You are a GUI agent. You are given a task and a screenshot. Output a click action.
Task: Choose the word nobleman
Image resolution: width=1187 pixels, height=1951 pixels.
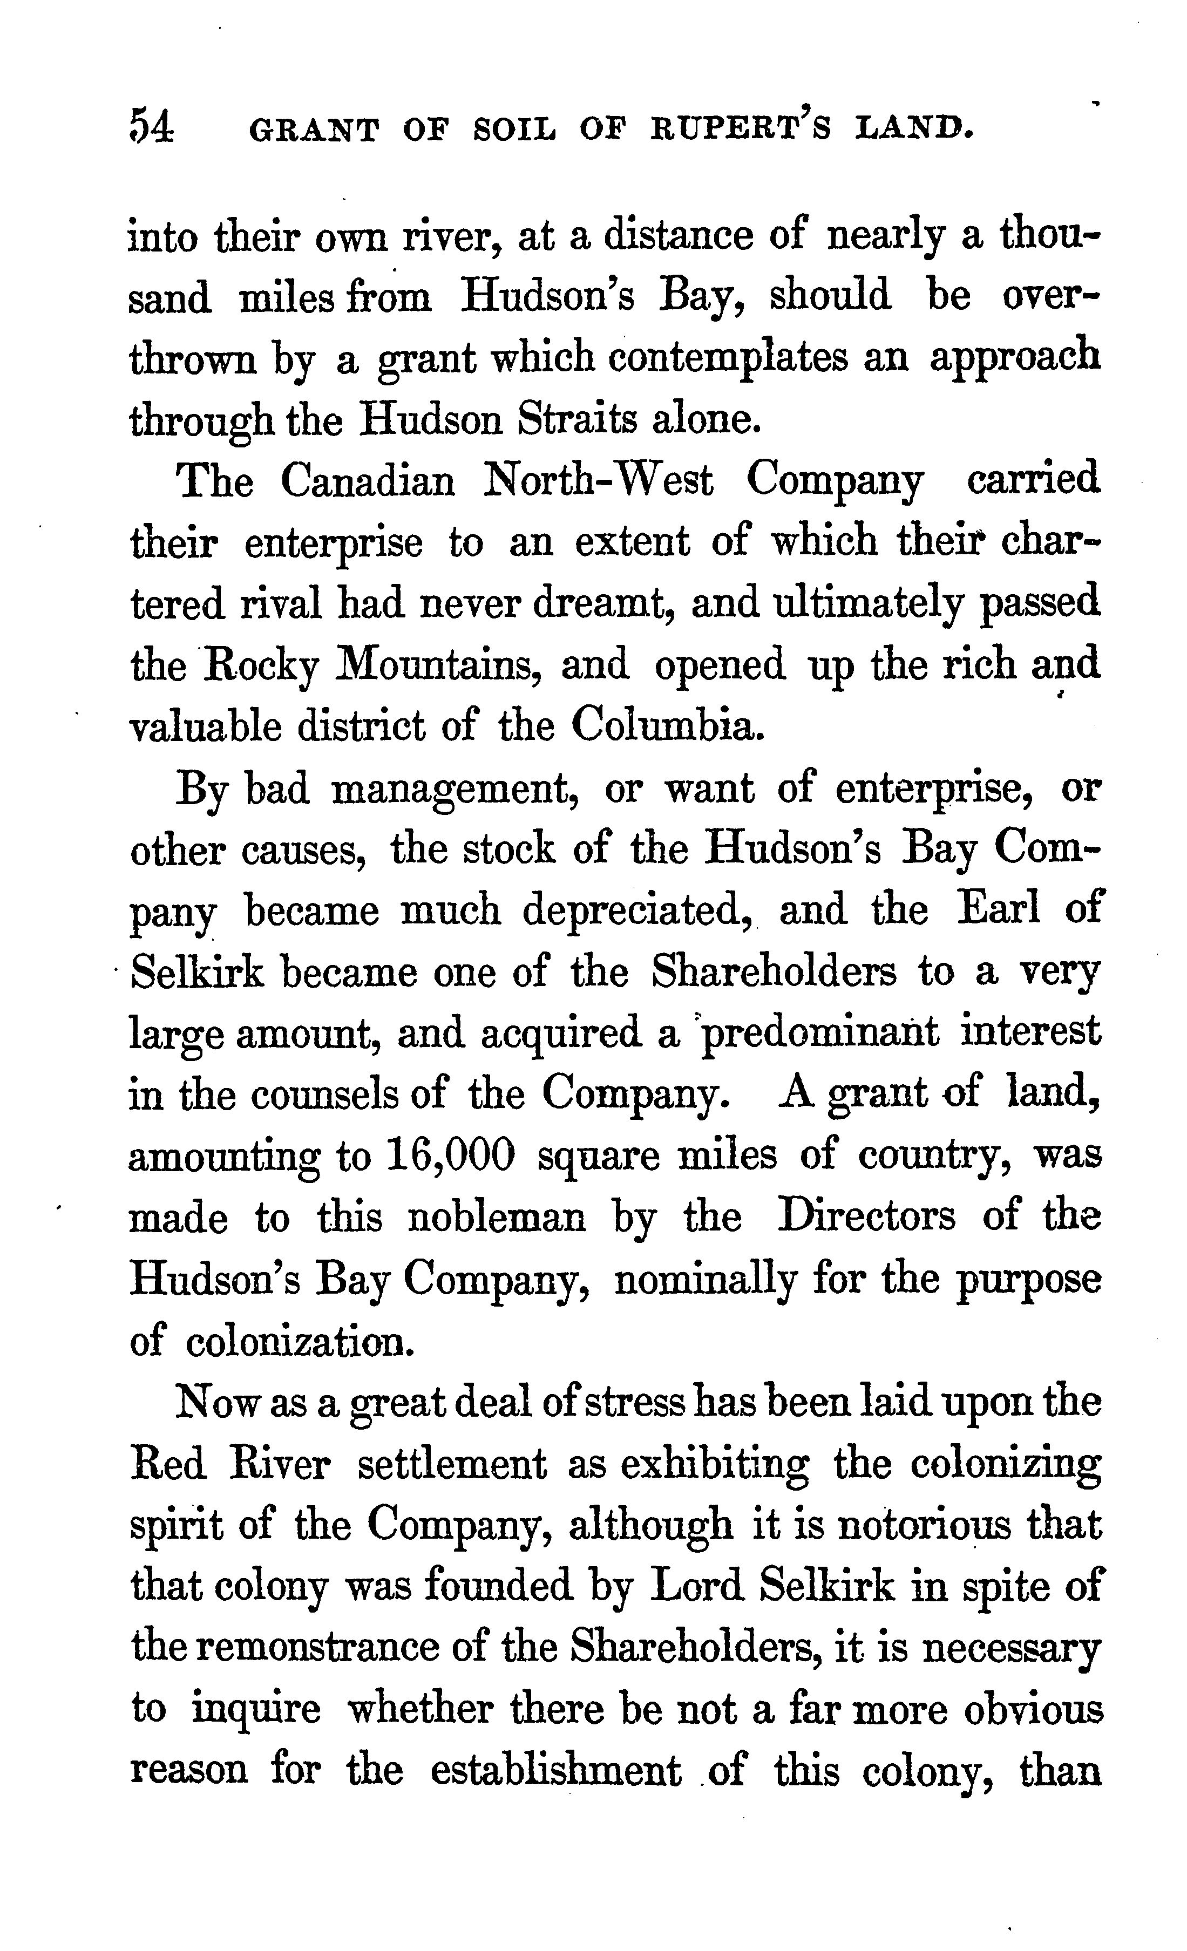click(x=497, y=1218)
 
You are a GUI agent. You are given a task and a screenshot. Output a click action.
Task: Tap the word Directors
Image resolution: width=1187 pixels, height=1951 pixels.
click(x=867, y=1216)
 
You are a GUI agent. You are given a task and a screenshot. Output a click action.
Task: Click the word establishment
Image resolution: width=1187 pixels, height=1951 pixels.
click(x=555, y=1770)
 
